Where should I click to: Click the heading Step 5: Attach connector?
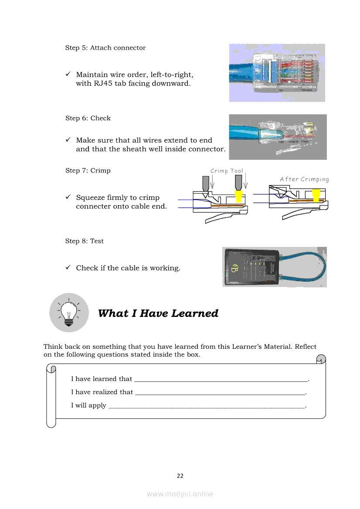click(105, 48)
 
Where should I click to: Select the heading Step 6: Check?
click(88, 118)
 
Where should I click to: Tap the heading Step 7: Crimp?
click(88, 171)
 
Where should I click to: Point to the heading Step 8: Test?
click(85, 241)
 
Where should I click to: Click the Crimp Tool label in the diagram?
click(227, 171)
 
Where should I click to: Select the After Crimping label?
click(304, 179)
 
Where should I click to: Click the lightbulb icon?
click(69, 312)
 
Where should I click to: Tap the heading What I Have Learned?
click(158, 313)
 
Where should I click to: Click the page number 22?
click(180, 476)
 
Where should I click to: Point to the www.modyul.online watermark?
click(180, 494)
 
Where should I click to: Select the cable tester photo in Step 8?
click(275, 267)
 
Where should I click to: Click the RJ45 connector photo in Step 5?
click(277, 73)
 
